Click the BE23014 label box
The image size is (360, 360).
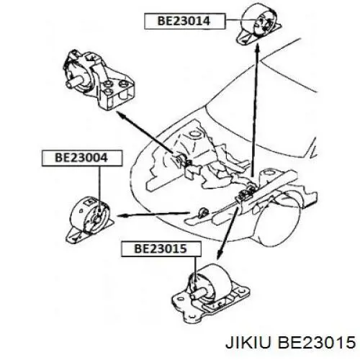tap(184, 21)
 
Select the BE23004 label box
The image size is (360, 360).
tap(82, 158)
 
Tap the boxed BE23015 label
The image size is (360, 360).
tap(161, 249)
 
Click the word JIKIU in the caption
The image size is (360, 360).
tap(248, 342)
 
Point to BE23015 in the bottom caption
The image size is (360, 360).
tap(317, 342)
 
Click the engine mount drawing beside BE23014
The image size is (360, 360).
tap(258, 24)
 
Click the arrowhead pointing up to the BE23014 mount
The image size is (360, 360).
tap(257, 48)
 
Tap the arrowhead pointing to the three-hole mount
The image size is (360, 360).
tap(122, 114)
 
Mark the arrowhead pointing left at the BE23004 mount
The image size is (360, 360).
tap(122, 215)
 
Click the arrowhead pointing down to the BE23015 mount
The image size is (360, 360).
tap(219, 254)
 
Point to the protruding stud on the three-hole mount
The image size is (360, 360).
tap(74, 81)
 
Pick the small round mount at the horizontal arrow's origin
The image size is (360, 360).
tap(203, 212)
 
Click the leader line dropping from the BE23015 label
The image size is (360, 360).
tap(195, 269)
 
